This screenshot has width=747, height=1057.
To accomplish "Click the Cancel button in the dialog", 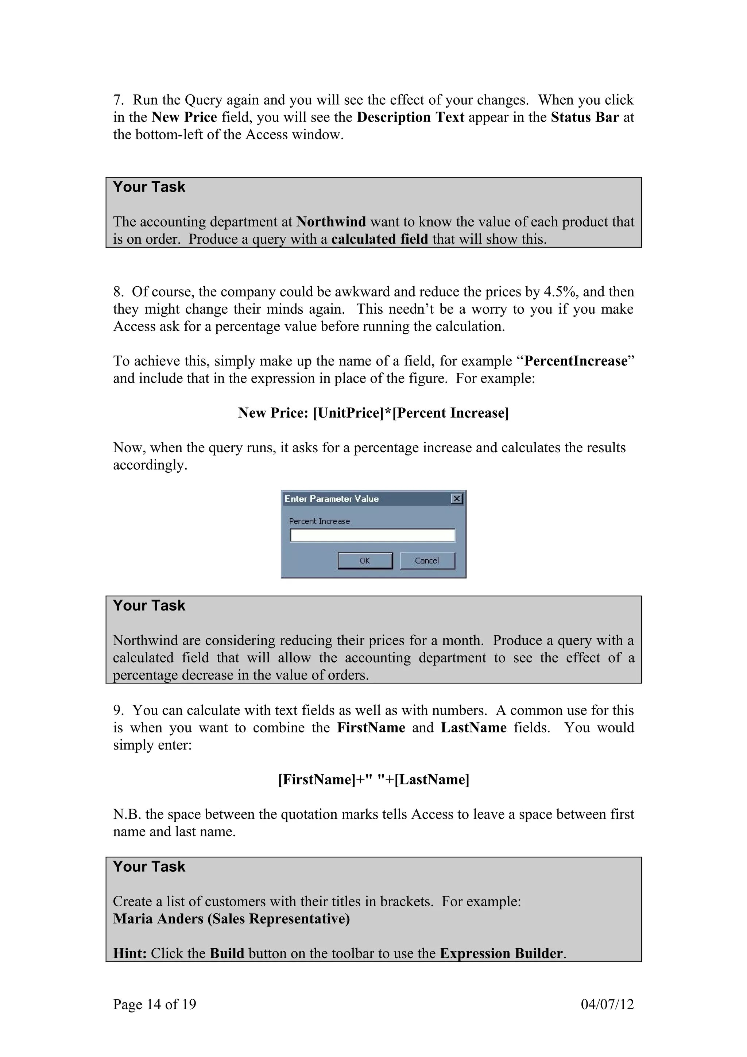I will [427, 560].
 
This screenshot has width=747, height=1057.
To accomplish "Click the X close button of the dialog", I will [456, 499].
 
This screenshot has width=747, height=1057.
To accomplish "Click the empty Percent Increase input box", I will [372, 535].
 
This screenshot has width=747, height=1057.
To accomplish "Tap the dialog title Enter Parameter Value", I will [332, 499].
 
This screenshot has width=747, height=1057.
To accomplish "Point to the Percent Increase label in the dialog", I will [320, 521].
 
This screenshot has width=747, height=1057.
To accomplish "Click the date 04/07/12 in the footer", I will [607, 1004].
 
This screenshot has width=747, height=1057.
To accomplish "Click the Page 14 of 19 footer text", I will [155, 1004].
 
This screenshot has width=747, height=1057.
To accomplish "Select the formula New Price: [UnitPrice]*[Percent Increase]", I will [373, 413].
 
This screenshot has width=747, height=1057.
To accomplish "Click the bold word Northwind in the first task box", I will [331, 222].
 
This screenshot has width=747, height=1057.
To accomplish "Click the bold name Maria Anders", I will [158, 918].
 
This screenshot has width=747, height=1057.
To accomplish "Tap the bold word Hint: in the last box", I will [130, 953].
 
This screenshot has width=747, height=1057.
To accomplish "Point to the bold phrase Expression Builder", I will [501, 953].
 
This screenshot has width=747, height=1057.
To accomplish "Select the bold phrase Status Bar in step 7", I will [585, 117].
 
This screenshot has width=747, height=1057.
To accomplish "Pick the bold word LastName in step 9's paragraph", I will [473, 727].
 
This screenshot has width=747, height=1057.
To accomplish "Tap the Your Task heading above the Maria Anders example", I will [149, 866].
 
